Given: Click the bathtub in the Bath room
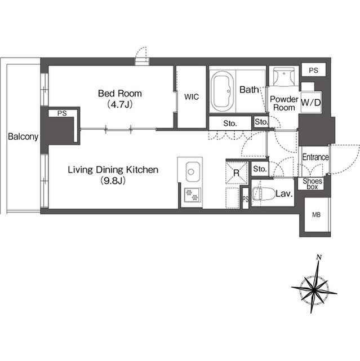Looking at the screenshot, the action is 223,91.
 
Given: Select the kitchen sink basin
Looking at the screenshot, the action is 193,171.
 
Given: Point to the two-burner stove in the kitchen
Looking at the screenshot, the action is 192,195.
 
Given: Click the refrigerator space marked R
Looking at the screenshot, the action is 237,173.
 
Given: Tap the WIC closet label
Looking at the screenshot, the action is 191,97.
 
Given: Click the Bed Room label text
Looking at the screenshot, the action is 120,94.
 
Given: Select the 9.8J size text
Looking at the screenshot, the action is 113,181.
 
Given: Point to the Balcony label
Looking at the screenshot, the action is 23,137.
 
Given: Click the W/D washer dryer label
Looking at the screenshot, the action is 311,103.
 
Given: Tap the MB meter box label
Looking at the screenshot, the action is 316,215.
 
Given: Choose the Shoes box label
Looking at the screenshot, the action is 312,184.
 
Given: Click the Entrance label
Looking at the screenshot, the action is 315,157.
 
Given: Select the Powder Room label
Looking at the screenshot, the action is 284,103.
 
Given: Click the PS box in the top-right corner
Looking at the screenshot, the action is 314,70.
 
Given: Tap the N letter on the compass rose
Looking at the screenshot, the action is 319,257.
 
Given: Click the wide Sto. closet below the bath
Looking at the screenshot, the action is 230,124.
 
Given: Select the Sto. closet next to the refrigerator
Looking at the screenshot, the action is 260,169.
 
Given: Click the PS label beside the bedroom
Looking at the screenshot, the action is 62,113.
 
